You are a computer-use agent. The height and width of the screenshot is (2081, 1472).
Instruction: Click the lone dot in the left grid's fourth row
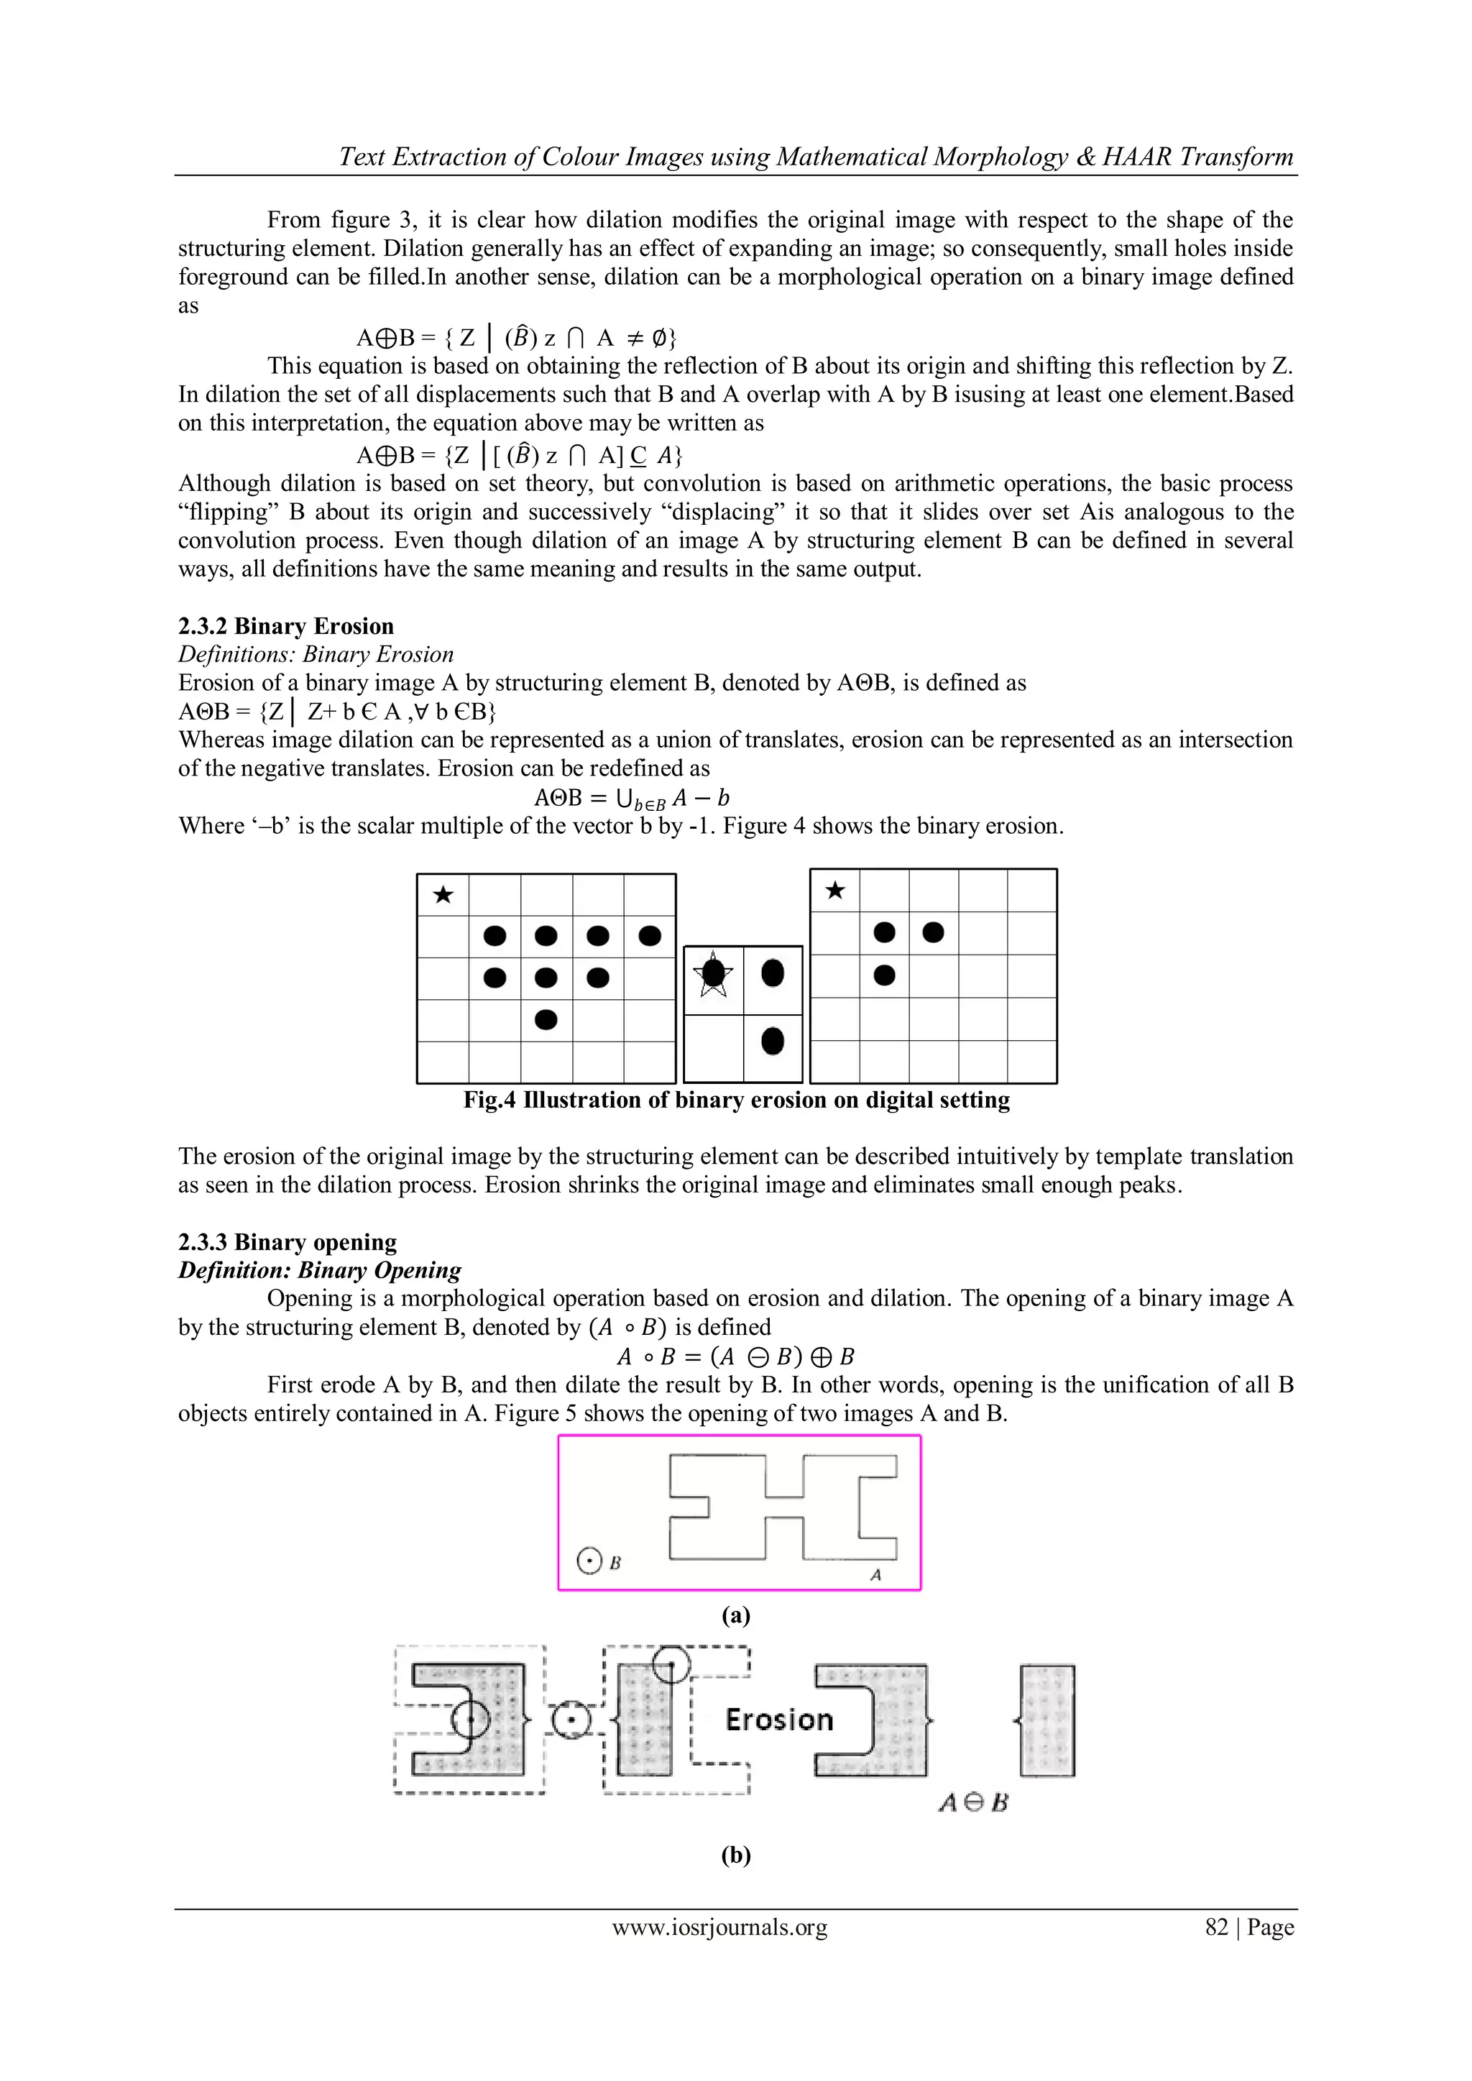point(546,1019)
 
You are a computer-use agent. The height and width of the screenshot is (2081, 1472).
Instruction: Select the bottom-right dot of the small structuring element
point(772,1042)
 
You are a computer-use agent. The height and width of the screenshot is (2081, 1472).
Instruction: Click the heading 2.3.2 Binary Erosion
point(285,626)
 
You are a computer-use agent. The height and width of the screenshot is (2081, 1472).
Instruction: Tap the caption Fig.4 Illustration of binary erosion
point(736,1101)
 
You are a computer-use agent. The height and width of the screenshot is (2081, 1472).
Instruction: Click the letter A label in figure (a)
point(875,1575)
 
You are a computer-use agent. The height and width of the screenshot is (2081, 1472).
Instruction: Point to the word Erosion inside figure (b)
point(778,1719)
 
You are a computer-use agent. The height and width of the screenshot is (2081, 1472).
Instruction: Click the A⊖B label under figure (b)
point(973,1803)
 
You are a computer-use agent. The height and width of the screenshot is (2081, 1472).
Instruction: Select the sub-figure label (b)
point(736,1855)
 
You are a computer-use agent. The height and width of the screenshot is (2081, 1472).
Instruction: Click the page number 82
point(1216,1927)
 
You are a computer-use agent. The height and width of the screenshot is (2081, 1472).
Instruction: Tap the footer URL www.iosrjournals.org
point(719,1927)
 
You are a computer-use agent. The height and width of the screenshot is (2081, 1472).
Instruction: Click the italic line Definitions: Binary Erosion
point(316,654)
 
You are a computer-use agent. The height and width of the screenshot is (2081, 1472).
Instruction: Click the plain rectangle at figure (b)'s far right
point(1047,1720)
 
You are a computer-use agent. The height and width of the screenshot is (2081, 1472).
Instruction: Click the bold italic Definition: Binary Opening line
point(319,1270)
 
